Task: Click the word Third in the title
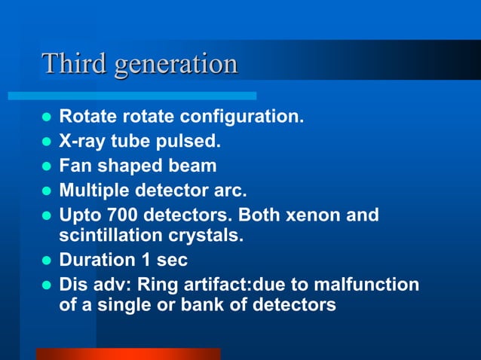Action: coord(74,63)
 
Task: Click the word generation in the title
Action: coord(176,65)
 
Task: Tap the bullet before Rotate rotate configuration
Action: coord(44,118)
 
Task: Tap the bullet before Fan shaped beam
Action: coord(44,166)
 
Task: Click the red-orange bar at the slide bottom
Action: coord(128,353)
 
